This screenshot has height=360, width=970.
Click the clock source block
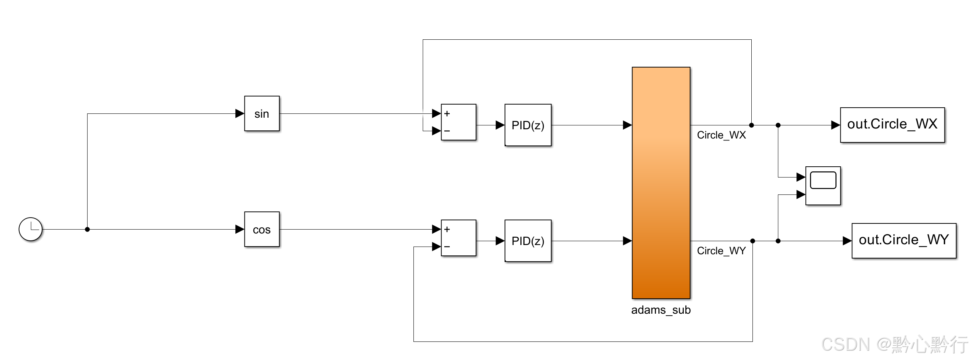coord(30,229)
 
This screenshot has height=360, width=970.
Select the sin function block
coord(262,114)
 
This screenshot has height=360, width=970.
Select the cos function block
coord(262,229)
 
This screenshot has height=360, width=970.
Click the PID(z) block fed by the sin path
coord(528,125)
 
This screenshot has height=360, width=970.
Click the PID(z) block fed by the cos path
coord(528,241)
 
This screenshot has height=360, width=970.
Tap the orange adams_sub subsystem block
coord(661,183)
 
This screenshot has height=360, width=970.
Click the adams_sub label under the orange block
coord(661,310)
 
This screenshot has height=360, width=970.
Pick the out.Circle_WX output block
coord(892,125)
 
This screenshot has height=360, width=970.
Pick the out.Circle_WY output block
coord(904,241)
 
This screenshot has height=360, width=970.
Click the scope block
coord(823,186)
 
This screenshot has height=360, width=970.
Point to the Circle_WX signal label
coord(721,135)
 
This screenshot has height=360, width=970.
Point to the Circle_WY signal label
coord(721,251)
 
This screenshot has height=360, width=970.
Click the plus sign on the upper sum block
coord(447,114)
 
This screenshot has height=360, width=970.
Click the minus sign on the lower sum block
coord(447,247)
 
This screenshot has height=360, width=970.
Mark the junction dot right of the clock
coord(87,229)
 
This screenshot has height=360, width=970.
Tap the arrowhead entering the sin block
coord(240,113)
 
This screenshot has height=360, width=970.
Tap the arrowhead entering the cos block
coord(240,229)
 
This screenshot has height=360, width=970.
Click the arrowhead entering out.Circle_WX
coord(835,125)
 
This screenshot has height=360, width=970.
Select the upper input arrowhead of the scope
coord(801,177)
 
